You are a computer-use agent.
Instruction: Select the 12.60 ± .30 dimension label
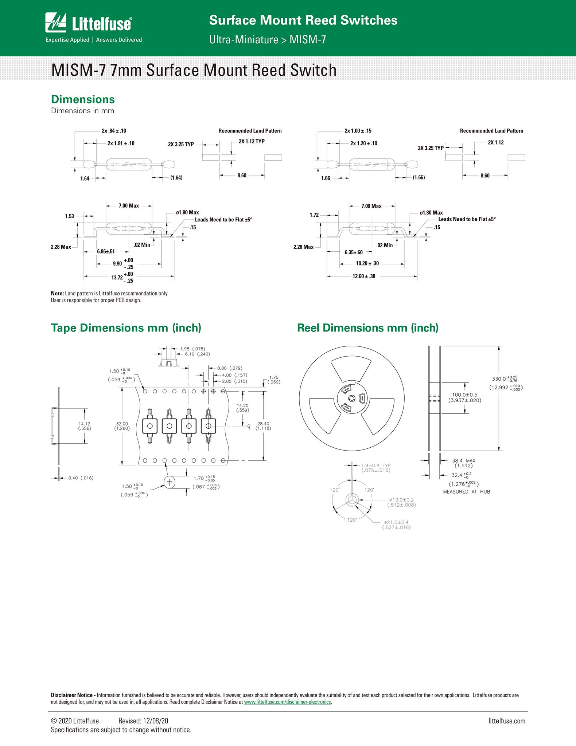[364, 276]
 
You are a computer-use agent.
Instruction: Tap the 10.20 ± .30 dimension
[367, 264]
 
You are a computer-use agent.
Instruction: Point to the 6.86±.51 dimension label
[106, 252]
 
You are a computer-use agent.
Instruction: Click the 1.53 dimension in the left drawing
[70, 216]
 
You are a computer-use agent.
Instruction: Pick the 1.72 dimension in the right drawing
[314, 215]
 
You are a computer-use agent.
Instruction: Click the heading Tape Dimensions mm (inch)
[126, 328]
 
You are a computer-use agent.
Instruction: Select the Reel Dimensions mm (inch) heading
[368, 328]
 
